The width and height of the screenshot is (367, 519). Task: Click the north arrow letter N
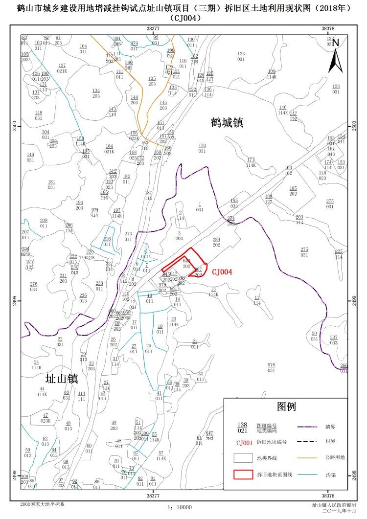336,43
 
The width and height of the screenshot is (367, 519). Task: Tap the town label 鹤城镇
227,122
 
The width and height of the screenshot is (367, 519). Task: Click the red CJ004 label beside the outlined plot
222,271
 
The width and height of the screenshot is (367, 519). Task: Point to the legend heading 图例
287,406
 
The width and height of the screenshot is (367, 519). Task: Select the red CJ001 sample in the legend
244,442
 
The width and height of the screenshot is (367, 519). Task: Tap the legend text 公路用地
335,458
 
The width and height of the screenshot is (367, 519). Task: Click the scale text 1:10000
180,508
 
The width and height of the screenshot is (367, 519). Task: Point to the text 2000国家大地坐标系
42,504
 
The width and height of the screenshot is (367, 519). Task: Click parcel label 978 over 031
271,367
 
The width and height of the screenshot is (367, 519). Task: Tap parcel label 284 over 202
216,242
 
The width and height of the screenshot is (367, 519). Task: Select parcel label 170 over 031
202,148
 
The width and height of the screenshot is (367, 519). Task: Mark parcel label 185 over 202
293,191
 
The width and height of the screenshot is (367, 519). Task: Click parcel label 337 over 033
334,340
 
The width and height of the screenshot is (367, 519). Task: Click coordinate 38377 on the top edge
153,29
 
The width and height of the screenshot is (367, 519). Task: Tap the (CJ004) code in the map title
184,19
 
